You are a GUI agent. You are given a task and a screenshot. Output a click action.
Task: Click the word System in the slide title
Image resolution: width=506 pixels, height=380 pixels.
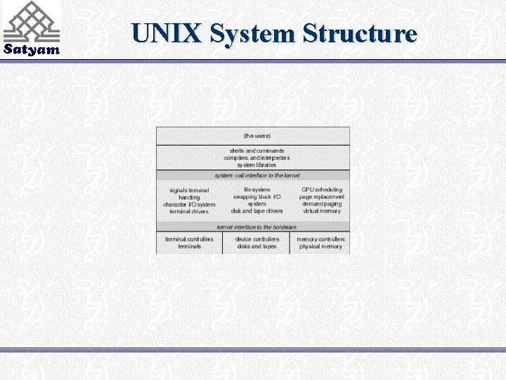pos(255,33)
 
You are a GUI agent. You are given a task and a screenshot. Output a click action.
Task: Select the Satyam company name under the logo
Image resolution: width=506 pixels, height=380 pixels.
pos(32,50)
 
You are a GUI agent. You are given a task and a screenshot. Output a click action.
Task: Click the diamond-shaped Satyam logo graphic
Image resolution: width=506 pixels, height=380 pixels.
pos(31,21)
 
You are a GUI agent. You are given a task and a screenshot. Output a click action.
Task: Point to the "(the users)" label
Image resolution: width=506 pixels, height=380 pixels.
pos(257,135)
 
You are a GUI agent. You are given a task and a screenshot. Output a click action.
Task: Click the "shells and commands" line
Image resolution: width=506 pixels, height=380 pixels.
pos(257,151)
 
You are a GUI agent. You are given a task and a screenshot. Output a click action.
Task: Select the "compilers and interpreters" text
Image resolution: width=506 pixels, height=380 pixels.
pos(257,158)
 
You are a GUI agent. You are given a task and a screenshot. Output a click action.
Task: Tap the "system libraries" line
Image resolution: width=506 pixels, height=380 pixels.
pos(257,165)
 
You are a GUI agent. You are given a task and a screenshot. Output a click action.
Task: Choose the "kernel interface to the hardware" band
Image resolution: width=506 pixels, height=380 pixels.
pos(257,227)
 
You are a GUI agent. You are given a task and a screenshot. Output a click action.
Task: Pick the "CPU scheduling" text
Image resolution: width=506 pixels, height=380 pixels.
pos(322,190)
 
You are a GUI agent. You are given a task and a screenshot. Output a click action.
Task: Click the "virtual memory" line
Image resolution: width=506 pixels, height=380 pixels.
pos(322,211)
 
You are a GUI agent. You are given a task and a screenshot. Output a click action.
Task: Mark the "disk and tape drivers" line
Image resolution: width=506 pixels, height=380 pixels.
pos(257,211)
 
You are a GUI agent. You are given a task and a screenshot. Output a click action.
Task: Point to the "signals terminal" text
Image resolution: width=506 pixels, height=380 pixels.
pos(189,191)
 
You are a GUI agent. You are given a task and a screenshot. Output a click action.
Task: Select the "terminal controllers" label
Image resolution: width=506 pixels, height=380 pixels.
pos(189,239)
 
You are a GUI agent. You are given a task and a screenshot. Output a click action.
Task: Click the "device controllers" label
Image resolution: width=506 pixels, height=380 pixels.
pos(257,239)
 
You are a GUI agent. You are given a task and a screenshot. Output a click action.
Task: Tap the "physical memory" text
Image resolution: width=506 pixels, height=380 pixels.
pos(321,247)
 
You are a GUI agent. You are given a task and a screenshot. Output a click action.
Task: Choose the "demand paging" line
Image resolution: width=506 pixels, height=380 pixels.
pos(322,204)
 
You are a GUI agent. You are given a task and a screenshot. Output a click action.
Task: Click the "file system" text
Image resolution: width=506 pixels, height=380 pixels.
pos(257,190)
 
